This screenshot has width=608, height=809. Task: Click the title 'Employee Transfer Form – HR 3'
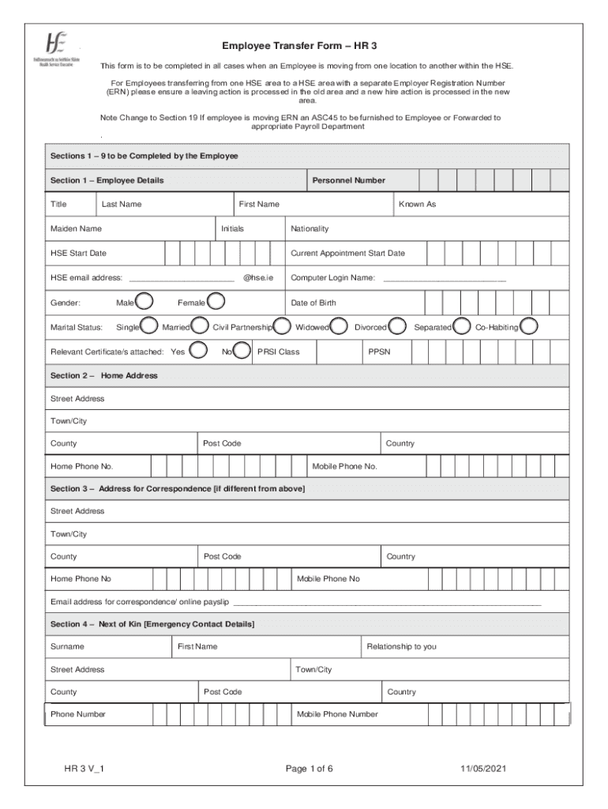pos(298,47)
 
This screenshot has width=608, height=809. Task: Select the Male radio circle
pos(144,301)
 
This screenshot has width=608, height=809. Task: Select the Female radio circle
pos(216,301)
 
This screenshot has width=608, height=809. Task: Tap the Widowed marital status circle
pos(340,325)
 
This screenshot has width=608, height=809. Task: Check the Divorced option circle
pos(397,325)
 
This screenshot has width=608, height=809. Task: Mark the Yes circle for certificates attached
pos(200,350)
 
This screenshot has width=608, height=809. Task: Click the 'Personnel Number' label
pos(348,180)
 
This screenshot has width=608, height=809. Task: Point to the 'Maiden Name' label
pos(76,229)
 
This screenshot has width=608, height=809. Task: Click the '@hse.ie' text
pos(258,278)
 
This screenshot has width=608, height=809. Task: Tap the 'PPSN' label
pos(379,352)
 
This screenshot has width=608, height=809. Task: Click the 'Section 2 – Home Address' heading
pos(103,376)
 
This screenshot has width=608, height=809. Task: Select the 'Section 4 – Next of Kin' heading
pos(152,624)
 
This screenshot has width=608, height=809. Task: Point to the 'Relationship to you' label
pos(401,647)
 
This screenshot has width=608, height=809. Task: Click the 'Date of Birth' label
pos(313,303)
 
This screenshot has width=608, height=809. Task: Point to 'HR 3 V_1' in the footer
pos(87,768)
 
